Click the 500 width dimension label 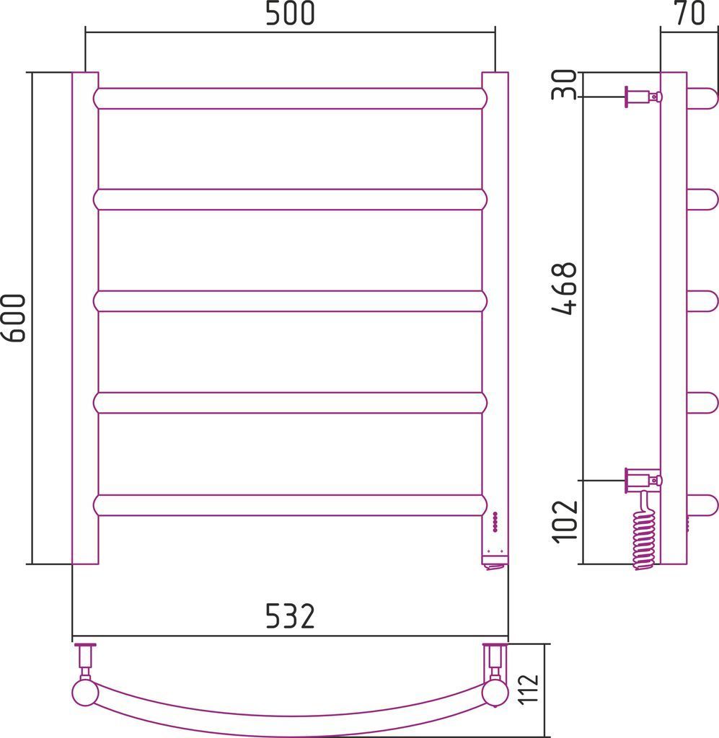click(290, 13)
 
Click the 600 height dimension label click(13, 318)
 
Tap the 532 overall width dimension click(290, 616)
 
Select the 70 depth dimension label click(690, 13)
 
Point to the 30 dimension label click(564, 84)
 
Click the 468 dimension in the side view click(564, 288)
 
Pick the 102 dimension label click(565, 521)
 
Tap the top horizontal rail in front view click(290, 98)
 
